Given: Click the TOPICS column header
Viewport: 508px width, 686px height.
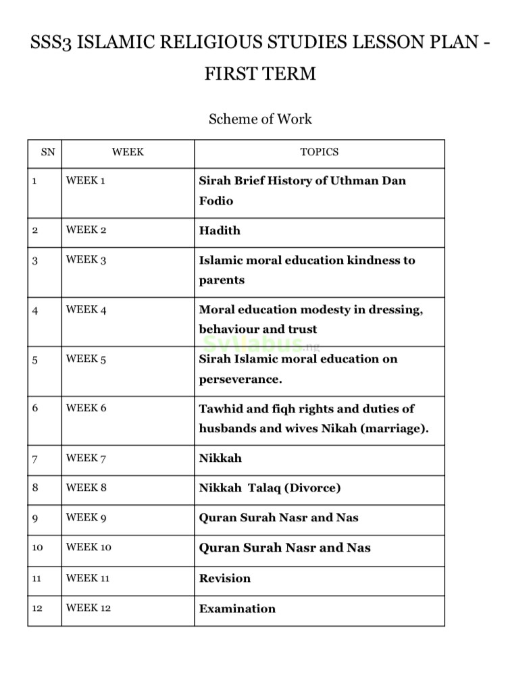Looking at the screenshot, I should pos(319,153).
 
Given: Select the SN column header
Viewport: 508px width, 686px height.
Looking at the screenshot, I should pos(47,153).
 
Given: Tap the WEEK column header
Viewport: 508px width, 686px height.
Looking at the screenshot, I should pos(128,153).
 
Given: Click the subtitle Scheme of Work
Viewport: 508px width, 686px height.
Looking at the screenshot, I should pos(260,119).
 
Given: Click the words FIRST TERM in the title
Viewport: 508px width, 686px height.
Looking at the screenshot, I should pos(260,74).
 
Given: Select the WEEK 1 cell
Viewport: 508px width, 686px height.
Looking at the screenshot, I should pos(86,181).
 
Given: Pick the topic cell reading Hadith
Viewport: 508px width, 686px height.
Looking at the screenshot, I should pos(220,231).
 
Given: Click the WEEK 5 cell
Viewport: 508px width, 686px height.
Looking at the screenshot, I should pos(86,359).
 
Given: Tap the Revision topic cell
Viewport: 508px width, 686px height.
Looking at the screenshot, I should pos(225,579).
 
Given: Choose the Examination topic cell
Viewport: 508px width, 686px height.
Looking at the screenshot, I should pos(237,609).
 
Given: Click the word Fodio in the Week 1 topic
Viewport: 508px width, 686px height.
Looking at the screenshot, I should pos(216,201).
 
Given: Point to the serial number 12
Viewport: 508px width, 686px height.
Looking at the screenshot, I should pos(37,609).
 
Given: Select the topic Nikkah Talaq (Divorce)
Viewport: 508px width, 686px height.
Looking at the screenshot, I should pos(270,488).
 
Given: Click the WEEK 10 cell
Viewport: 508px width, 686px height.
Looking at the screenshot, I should pos(88,548).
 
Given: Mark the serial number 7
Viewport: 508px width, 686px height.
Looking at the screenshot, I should pos(34,459).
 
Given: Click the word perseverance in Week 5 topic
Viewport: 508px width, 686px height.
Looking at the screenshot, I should pos(240,379).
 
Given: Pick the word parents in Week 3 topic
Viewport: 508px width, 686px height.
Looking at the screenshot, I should pos(222,280).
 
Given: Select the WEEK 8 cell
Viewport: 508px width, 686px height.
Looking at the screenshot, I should pos(86,487).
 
